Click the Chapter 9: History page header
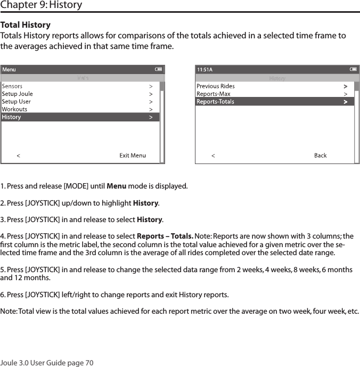coord(42,5)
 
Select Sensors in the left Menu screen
coord(12,86)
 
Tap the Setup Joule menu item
coord(17,94)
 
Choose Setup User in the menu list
coord(17,101)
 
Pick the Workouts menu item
coord(14,109)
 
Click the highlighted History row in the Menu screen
coord(80,117)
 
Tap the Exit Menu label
coord(132,156)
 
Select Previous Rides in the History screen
coord(215,86)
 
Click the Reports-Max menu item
coord(213,94)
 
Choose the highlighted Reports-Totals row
coord(274,101)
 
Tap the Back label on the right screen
coord(320,156)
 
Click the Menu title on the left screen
coord(9,69)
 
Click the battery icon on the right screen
coord(354,69)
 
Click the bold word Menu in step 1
coord(117,186)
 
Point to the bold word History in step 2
coord(145,203)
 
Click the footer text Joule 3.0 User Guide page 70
coord(47,363)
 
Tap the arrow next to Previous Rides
coord(346,86)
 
